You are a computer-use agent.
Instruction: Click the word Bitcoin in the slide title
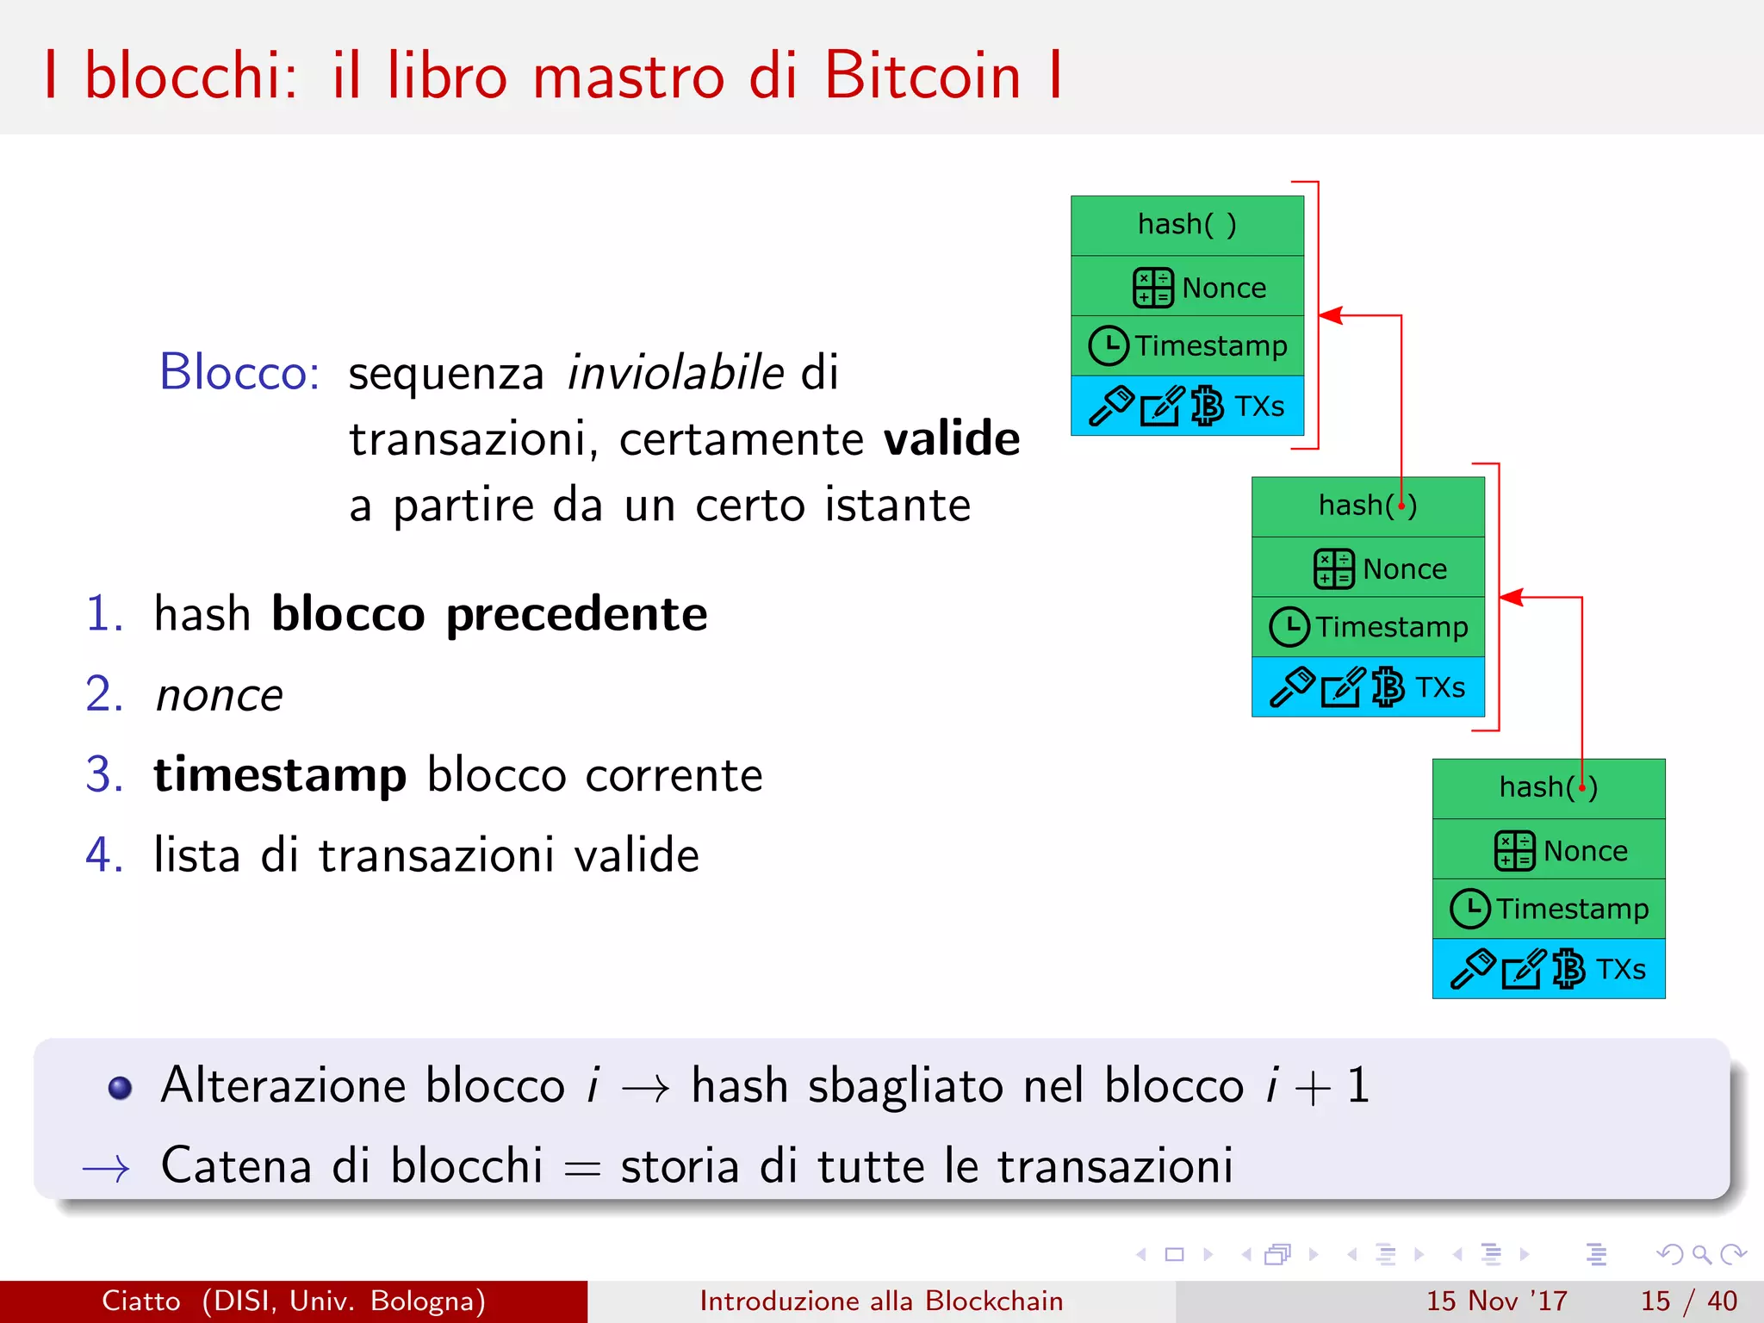(x=922, y=76)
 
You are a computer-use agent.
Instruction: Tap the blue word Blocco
(x=239, y=372)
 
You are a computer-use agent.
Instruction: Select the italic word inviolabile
(x=675, y=372)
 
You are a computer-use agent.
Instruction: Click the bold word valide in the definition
(x=952, y=438)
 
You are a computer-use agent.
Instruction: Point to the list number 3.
(x=104, y=774)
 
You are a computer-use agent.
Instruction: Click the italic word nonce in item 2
(x=219, y=695)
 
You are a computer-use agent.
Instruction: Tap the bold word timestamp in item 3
(x=280, y=774)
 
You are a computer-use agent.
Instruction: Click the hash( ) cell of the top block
(x=1187, y=225)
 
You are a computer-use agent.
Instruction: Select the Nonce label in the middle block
(x=1405, y=568)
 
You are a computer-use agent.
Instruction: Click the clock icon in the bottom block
(x=1469, y=909)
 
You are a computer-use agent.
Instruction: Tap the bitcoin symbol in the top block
(x=1208, y=406)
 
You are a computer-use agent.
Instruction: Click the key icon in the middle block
(x=1292, y=686)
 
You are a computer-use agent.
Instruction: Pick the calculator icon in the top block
(x=1152, y=288)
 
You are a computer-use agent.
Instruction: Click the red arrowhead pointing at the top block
(x=1331, y=315)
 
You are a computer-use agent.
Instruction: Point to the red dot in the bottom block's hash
(x=1582, y=786)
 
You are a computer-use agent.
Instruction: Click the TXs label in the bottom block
(x=1620, y=969)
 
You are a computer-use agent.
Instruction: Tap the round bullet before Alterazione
(x=120, y=1088)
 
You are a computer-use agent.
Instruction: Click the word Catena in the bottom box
(x=235, y=1165)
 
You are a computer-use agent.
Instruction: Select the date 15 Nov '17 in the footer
(x=1496, y=1301)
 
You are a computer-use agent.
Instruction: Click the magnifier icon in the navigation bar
(x=1701, y=1254)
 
